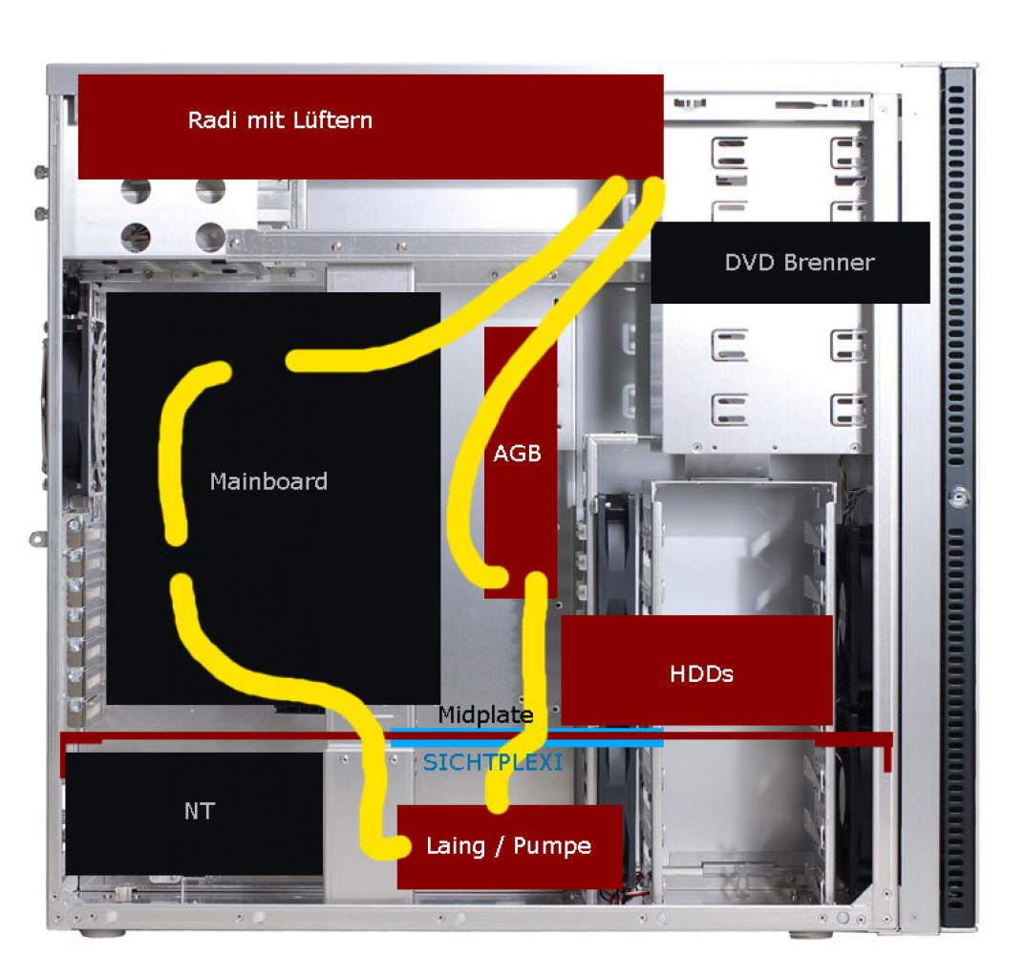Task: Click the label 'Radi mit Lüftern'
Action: [x=280, y=120]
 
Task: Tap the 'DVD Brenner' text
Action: [x=799, y=262]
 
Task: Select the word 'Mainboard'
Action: [x=268, y=481]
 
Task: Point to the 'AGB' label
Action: [x=517, y=453]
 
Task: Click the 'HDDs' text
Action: [x=701, y=673]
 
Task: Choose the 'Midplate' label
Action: [x=485, y=714]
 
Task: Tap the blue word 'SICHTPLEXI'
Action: [x=493, y=762]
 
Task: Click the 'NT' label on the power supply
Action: [x=200, y=811]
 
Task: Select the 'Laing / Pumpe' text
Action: [x=508, y=846]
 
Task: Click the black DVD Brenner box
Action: [x=790, y=262]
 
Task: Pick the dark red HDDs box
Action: [x=696, y=670]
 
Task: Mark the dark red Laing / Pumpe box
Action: [x=510, y=846]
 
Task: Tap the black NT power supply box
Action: [x=194, y=814]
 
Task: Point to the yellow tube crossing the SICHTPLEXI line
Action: [x=537, y=743]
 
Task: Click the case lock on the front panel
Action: [x=959, y=497]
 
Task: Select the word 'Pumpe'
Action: [x=552, y=846]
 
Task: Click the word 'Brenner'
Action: [x=829, y=262]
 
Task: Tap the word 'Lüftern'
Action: [x=332, y=120]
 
